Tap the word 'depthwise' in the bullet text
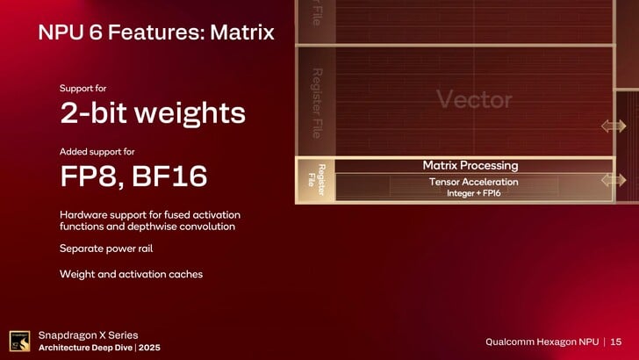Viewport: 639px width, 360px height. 124,227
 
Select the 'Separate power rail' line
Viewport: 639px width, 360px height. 106,248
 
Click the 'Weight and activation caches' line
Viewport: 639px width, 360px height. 131,274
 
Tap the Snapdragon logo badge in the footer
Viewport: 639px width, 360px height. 19,341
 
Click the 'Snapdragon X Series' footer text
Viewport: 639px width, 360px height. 88,335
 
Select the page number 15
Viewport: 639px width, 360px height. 616,341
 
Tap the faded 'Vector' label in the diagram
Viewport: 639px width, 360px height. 474,100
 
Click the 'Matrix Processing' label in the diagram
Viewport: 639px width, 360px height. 470,165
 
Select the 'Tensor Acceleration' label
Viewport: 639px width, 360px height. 473,182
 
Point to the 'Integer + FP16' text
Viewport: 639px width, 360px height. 473,192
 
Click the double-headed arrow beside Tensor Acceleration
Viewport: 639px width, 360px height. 614,180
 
